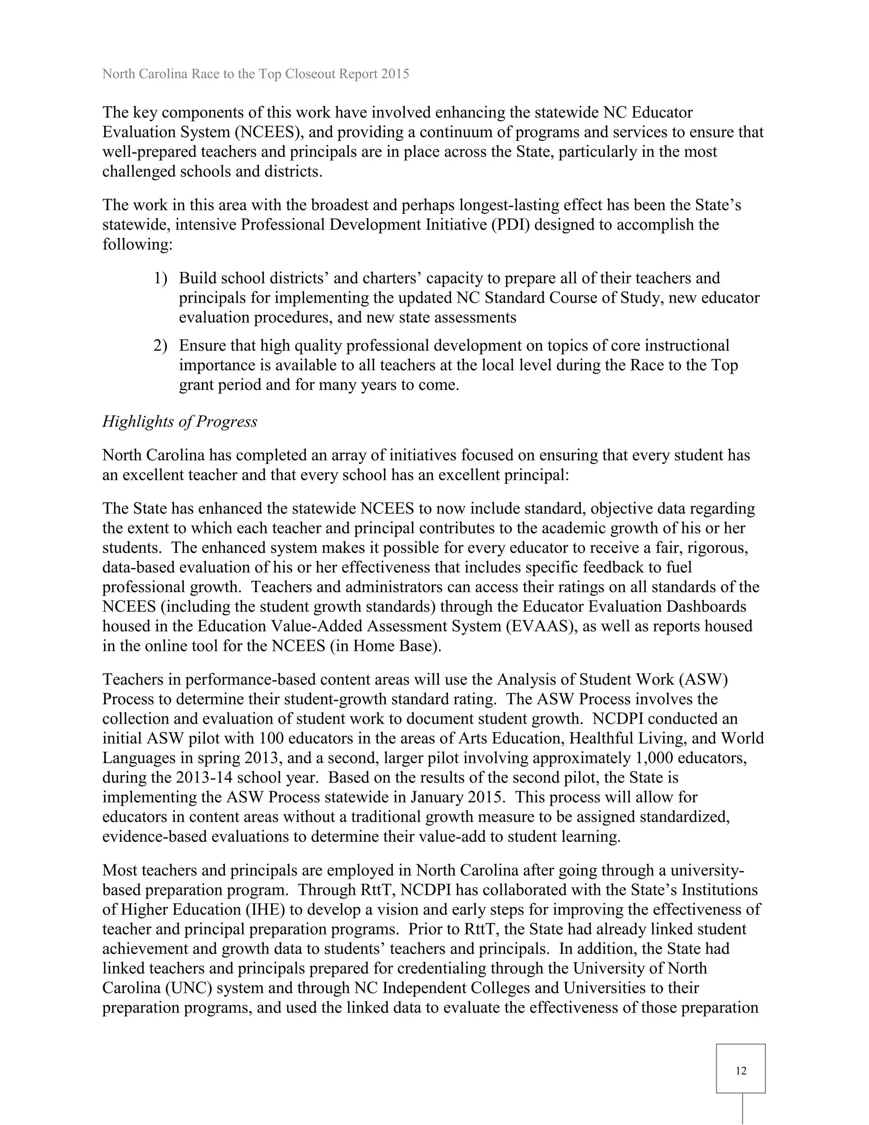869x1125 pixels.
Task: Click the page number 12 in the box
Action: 740,1071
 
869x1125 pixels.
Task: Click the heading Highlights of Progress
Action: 179,422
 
